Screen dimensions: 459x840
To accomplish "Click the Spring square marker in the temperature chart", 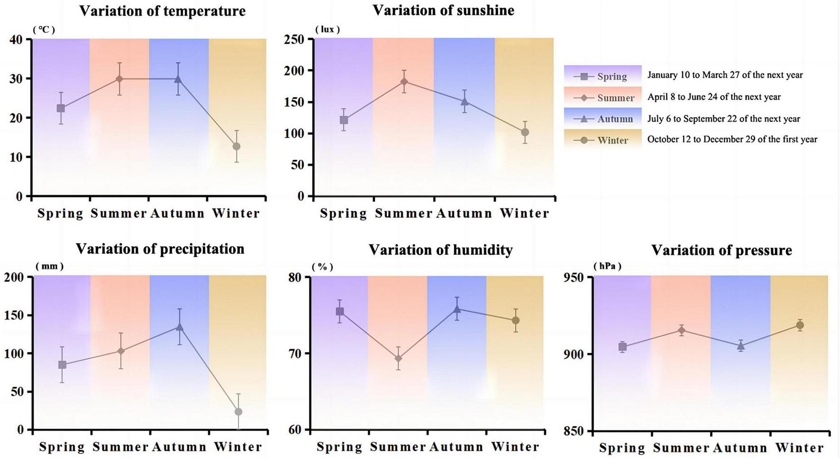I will tap(61, 108).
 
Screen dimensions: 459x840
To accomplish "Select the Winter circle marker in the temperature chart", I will tap(236, 147).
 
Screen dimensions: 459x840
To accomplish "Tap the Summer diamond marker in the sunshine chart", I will tap(404, 82).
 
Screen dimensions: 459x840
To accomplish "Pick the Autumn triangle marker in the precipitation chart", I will tap(179, 327).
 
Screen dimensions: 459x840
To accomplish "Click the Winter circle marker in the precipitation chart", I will tap(238, 412).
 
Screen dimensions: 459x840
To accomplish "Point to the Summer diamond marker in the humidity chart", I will tap(398, 358).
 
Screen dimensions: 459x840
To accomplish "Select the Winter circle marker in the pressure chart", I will tap(800, 325).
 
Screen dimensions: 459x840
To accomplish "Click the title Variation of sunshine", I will tap(443, 10).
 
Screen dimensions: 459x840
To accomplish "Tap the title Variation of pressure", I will tap(721, 250).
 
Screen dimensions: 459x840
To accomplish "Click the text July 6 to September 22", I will tap(723, 119).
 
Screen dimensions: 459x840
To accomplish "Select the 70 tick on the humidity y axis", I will tap(298, 353).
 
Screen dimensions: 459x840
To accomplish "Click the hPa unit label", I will tap(607, 266).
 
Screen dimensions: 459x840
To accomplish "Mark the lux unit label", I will tap(327, 29).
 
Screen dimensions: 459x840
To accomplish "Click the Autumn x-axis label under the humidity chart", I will tap(456, 447).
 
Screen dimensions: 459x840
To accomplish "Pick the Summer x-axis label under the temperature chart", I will tap(119, 213).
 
